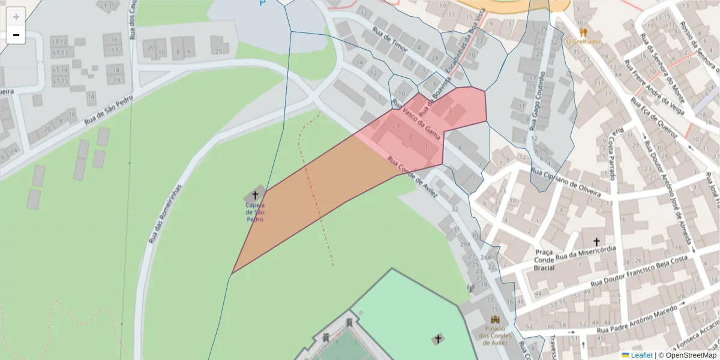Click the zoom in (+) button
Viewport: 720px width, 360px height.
[x=16, y=17]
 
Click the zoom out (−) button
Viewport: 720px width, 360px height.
[x=16, y=35]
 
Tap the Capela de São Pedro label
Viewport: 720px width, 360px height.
[x=255, y=212]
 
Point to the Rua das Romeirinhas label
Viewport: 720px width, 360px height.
[x=165, y=213]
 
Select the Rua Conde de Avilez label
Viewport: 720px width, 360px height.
[x=413, y=178]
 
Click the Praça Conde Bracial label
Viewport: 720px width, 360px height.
[x=544, y=260]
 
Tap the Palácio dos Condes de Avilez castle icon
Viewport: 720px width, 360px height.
[x=495, y=320]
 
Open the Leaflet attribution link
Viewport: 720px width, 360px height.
[x=641, y=355]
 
